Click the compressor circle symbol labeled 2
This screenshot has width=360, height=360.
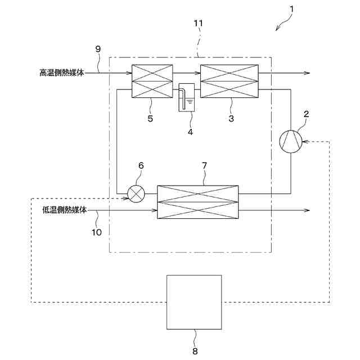(291, 141)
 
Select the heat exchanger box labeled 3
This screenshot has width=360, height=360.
(229, 81)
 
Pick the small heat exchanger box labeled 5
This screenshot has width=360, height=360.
(151, 81)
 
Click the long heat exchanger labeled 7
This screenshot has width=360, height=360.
(197, 201)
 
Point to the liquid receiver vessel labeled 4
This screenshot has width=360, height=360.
(186, 98)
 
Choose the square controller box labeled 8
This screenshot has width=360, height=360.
(194, 302)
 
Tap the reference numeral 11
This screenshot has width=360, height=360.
(197, 23)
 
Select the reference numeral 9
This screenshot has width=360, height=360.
(98, 49)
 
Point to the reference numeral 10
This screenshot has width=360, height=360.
(97, 232)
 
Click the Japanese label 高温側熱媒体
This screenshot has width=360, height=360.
(62, 73)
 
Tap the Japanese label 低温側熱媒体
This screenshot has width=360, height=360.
(65, 210)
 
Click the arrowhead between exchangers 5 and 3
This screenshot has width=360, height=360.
(198, 73)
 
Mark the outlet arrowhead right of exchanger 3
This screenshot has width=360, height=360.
(307, 73)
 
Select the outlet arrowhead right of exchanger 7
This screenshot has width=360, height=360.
(307, 210)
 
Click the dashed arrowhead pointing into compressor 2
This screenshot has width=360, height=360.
(305, 141)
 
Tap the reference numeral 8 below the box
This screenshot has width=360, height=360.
(195, 350)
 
